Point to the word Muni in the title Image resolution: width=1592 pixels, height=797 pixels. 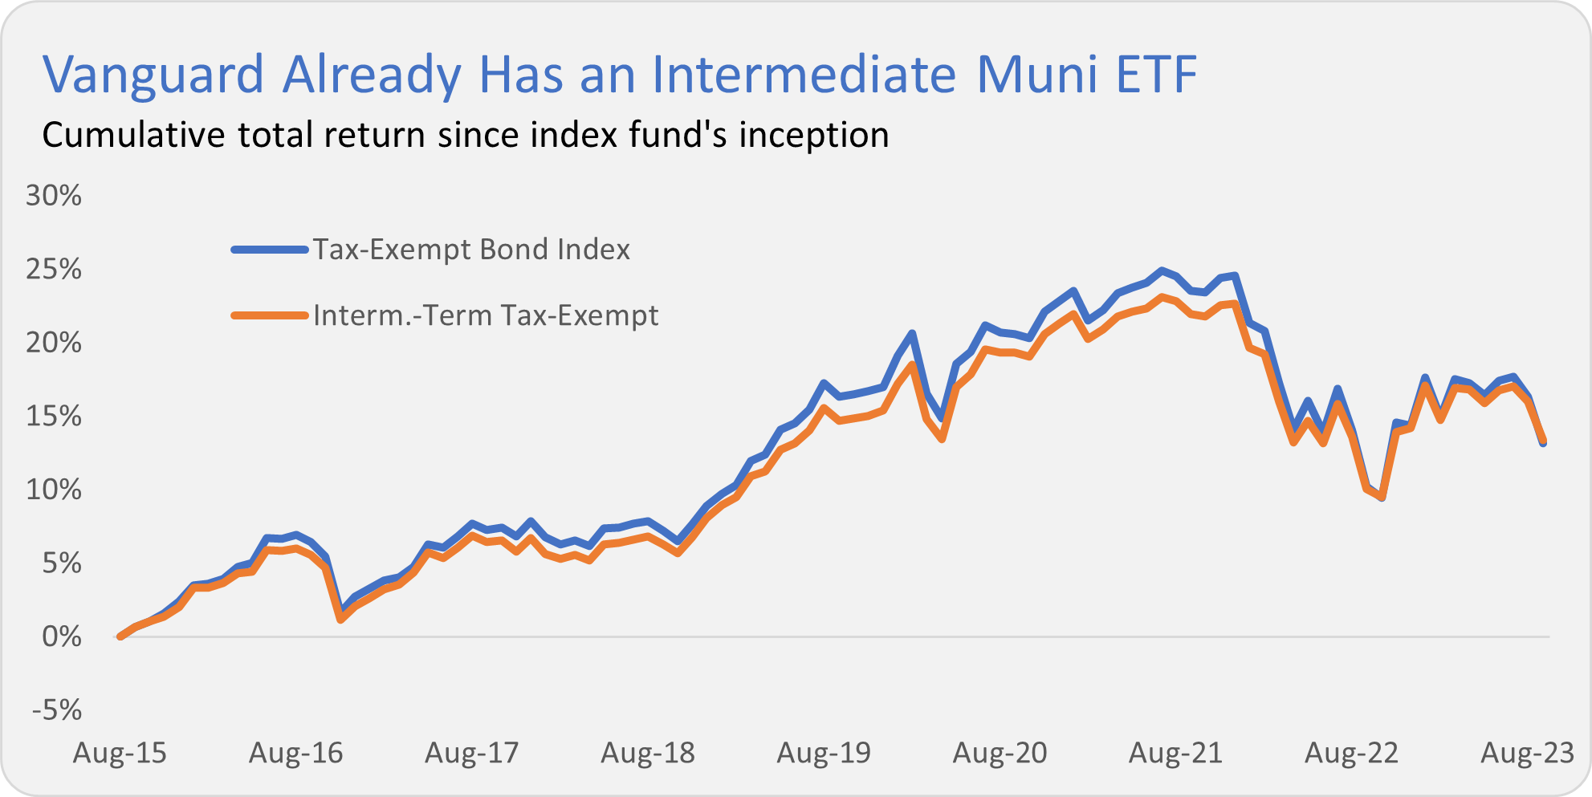click(1036, 75)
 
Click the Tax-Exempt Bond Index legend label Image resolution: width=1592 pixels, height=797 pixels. click(471, 250)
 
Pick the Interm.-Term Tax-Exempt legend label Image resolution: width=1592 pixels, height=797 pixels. click(486, 315)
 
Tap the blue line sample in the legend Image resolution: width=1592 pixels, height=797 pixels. click(270, 250)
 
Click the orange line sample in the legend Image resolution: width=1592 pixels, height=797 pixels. click(270, 315)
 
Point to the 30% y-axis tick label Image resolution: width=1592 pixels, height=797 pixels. click(54, 195)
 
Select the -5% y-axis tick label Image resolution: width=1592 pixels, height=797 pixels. click(56, 710)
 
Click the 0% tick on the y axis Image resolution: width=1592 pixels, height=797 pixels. click(62, 637)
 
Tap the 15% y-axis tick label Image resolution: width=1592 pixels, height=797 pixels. click(54, 416)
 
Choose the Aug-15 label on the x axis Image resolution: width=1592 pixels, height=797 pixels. click(120, 753)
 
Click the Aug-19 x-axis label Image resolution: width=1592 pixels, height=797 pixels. click(824, 753)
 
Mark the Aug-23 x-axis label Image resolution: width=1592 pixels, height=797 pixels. click(1527, 753)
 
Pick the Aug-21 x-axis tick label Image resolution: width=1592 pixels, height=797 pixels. click(1175, 753)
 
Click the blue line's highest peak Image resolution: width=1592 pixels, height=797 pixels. click(1161, 270)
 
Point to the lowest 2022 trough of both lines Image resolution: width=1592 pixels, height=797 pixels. click(1382, 498)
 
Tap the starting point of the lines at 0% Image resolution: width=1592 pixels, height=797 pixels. click(120, 636)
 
